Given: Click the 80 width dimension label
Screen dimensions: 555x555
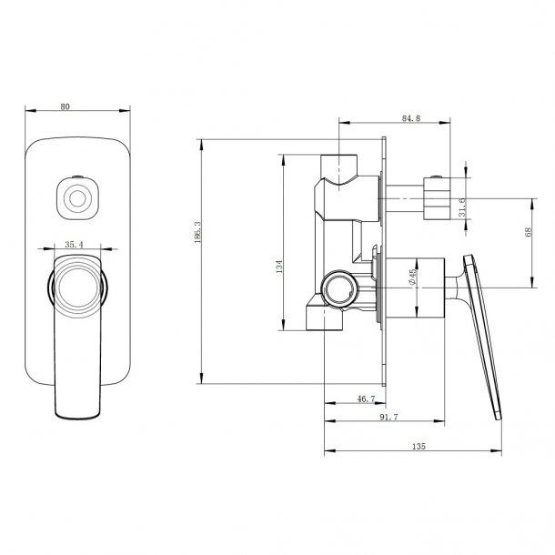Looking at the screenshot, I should (x=65, y=106).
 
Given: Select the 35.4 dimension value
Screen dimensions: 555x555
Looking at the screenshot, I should (x=76, y=244).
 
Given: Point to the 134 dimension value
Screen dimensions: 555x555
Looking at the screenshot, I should (x=280, y=267).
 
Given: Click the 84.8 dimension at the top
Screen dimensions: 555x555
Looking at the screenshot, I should (x=409, y=116).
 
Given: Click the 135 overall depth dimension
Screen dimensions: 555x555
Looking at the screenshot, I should (x=419, y=447).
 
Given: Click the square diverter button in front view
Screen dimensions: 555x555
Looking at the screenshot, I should (x=76, y=196).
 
